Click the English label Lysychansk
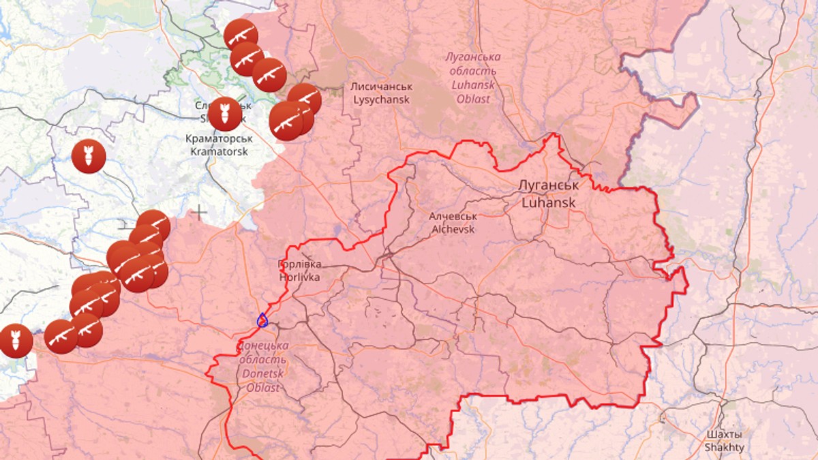click(x=381, y=99)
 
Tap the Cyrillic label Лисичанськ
click(x=381, y=87)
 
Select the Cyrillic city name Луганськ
click(x=549, y=185)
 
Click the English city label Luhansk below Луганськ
click(x=549, y=202)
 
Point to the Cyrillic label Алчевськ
click(x=453, y=216)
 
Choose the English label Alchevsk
click(x=453, y=229)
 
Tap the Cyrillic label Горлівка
click(x=299, y=264)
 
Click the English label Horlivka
click(x=299, y=277)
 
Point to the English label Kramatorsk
click(x=217, y=151)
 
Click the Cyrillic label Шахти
click(x=725, y=434)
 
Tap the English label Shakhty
click(x=725, y=448)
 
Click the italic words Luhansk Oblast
click(x=472, y=92)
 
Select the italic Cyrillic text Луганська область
click(x=472, y=64)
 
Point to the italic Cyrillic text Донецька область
click(x=262, y=353)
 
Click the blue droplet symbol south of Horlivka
click(x=262, y=319)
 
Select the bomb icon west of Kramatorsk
click(x=89, y=156)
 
